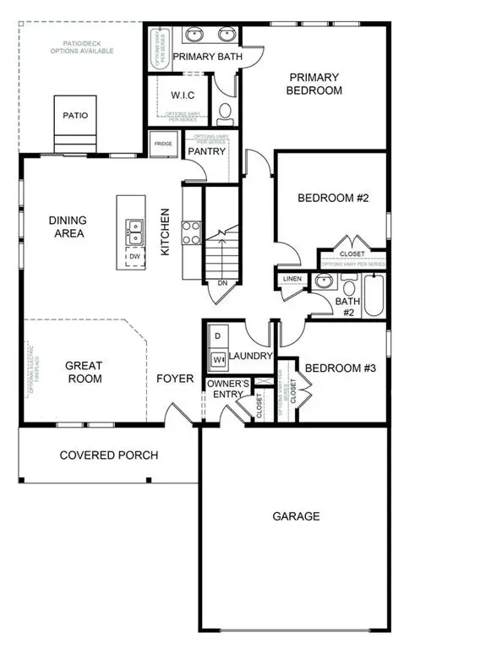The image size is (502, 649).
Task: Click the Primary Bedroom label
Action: (x=314, y=83)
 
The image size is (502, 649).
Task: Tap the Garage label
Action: (x=296, y=515)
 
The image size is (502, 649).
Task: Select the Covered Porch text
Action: (x=109, y=455)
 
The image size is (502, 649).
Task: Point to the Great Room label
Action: (x=85, y=372)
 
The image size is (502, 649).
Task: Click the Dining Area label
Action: (x=68, y=226)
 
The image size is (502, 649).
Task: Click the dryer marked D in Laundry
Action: (x=216, y=336)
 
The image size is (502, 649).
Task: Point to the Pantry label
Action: (x=207, y=152)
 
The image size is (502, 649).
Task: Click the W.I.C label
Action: (x=183, y=95)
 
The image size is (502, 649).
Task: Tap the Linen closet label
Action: (x=292, y=279)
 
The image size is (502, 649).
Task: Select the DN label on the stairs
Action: (x=222, y=283)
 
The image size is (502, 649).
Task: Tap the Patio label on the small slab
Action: (x=76, y=116)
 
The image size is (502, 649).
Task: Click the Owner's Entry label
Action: (x=228, y=390)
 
